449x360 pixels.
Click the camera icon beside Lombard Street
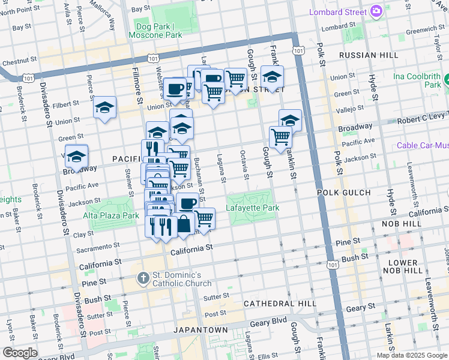(376, 11)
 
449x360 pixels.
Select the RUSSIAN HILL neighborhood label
(369, 55)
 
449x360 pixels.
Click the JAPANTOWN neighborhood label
(200, 330)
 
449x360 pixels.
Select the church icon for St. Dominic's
(142, 278)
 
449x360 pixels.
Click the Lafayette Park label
(252, 208)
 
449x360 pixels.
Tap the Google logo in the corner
(20, 353)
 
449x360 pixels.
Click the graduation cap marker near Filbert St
(104, 108)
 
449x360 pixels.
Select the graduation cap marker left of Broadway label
(77, 157)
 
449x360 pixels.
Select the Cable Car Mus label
(423, 146)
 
